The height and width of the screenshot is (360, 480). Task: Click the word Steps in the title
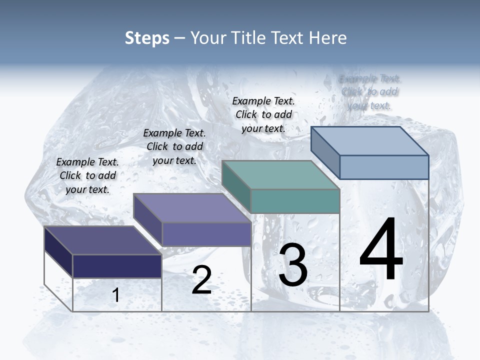pos(147,38)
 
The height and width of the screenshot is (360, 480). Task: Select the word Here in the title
pos(328,38)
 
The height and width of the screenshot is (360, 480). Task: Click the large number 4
pos(381,249)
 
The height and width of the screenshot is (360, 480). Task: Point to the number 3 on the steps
pos(293,265)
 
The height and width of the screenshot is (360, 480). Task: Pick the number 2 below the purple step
pos(201,280)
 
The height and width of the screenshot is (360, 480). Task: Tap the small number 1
pos(116,295)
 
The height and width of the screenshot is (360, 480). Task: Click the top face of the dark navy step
pos(103,240)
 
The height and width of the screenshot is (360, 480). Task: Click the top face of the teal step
pos(281,175)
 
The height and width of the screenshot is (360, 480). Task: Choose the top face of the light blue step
pos(370,141)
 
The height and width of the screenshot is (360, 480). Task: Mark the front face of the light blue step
pos(384,167)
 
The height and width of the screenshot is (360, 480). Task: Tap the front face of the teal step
pos(295,201)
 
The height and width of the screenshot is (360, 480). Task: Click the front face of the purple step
pos(206,234)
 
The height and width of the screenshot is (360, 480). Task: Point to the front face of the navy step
pos(117,266)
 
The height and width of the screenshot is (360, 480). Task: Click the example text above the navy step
pos(87,176)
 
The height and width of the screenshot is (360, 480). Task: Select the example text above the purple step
pos(174,147)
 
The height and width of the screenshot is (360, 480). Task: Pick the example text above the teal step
pos(263,115)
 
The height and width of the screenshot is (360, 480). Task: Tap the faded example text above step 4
pos(369,92)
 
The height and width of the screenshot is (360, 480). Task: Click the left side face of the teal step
pos(236,186)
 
